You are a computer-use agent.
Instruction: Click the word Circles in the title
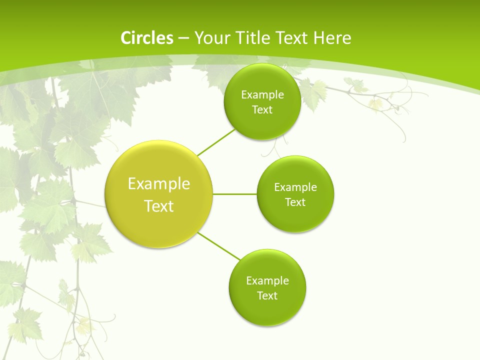pos(147,38)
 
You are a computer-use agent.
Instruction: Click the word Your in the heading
pos(210,38)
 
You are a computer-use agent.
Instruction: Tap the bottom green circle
pos(267,310)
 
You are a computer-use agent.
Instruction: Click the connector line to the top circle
pos(216,142)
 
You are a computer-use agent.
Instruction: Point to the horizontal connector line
pos(235,194)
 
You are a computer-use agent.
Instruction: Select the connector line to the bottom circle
pos(219,246)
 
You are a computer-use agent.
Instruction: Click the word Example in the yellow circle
pos(159,184)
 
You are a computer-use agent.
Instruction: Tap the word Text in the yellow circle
pos(159,206)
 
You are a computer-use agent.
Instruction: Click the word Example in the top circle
pos(262,94)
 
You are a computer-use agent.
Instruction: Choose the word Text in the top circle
pos(262,110)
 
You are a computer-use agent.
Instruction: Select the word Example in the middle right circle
pos(295,187)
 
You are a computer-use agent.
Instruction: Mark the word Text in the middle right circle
pos(295,202)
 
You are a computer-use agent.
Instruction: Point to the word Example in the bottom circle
pos(267,280)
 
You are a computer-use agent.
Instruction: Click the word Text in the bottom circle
pos(267,296)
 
